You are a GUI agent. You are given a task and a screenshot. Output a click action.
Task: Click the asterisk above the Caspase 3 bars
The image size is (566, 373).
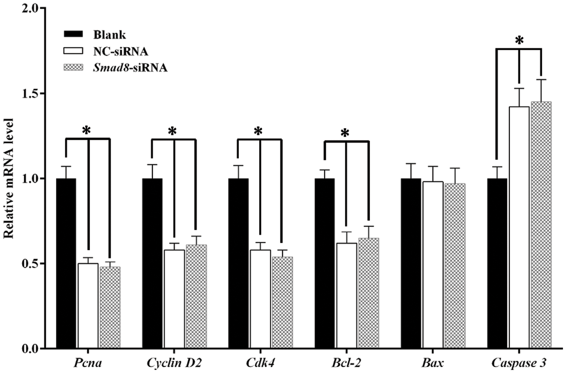click(x=519, y=41)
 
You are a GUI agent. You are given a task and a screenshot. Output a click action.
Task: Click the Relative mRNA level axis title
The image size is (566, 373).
click(x=10, y=179)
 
